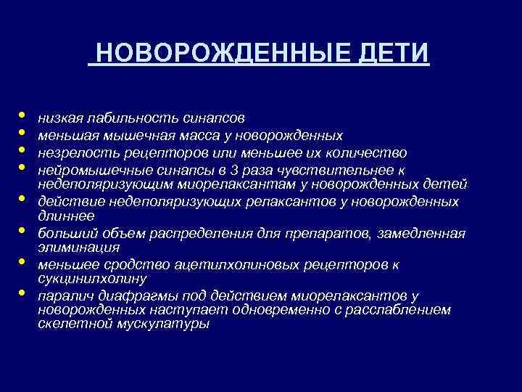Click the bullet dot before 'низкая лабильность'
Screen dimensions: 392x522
coord(23,114)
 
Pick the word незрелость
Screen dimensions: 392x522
coord(72,152)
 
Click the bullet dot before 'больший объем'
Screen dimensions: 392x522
coord(23,231)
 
